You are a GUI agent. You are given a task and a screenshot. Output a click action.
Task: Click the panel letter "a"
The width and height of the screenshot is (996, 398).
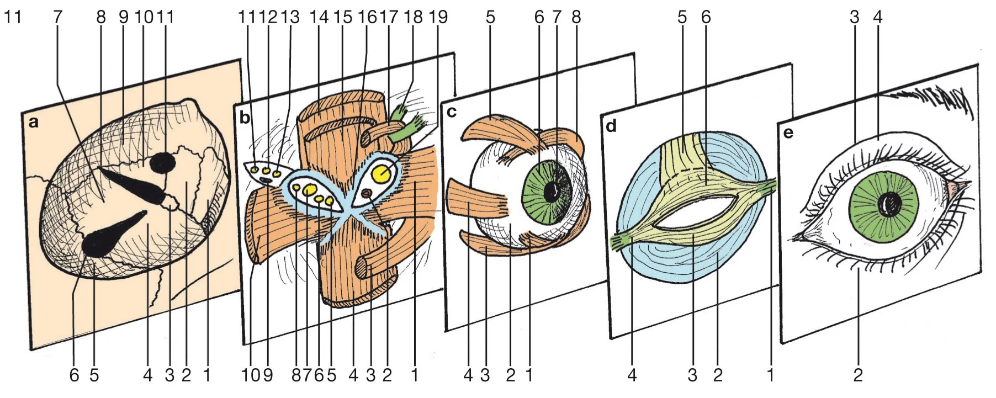[34, 122]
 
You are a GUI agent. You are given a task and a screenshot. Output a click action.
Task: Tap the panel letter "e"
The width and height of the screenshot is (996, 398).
[788, 133]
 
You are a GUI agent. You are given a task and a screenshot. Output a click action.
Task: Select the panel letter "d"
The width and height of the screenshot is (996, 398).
[611, 126]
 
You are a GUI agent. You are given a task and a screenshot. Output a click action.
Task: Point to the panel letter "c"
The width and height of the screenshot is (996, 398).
[451, 112]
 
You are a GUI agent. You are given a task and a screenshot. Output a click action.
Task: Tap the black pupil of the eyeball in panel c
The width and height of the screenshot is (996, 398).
[552, 192]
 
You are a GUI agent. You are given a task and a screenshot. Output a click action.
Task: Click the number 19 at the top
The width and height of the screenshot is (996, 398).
[438, 17]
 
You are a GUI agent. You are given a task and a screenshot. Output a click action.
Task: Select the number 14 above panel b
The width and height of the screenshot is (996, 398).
[319, 17]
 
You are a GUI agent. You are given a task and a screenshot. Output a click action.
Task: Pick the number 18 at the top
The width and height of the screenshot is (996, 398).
[413, 17]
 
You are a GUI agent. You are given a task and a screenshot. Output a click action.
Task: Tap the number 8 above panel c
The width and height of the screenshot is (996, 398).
[576, 17]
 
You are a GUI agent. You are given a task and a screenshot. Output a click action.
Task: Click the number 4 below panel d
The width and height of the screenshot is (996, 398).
[632, 376]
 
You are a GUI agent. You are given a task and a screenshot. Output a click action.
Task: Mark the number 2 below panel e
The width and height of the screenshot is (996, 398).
[857, 376]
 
